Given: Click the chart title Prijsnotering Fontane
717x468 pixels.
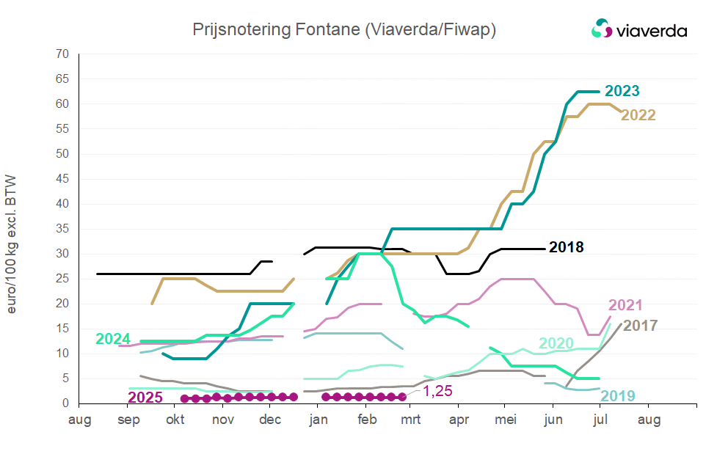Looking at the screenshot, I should click(344, 29).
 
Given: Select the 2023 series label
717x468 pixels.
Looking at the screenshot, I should click(621, 91).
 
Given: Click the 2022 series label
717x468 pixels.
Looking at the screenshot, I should click(638, 115).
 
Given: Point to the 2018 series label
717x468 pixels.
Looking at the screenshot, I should click(567, 247).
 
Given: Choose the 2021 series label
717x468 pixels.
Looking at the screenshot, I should click(625, 305).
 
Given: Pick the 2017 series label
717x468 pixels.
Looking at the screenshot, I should click(641, 324).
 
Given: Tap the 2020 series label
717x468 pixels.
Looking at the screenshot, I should click(556, 343).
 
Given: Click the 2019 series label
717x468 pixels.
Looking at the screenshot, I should click(618, 396).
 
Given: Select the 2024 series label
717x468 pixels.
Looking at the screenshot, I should click(113, 339).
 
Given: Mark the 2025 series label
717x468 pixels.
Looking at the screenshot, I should click(145, 398).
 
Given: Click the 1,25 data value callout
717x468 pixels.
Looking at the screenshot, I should click(438, 391).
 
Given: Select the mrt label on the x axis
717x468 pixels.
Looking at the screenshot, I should click(412, 420).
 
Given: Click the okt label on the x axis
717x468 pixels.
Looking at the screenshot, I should click(175, 420).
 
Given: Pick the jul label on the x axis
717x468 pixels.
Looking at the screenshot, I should click(600, 420).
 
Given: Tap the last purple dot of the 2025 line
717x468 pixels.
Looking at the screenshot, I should click(402, 397).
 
